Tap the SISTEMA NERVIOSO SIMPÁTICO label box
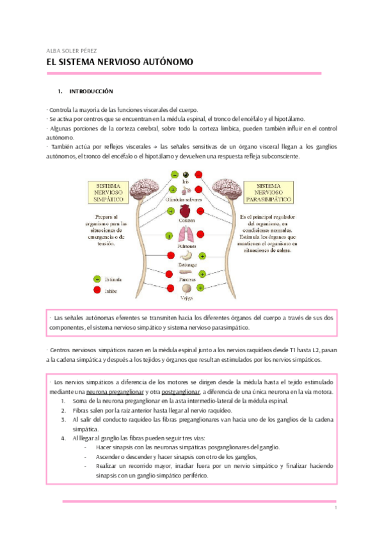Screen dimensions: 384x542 (109, 192)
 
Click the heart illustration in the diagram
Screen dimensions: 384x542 (187, 210)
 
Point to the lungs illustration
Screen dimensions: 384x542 (188, 235)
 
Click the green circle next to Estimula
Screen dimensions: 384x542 (97, 279)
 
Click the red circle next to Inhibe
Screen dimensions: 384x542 (97, 290)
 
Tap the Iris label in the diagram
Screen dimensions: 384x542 (187, 182)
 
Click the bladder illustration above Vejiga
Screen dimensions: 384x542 (187, 289)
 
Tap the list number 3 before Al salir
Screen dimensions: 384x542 (63, 419)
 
